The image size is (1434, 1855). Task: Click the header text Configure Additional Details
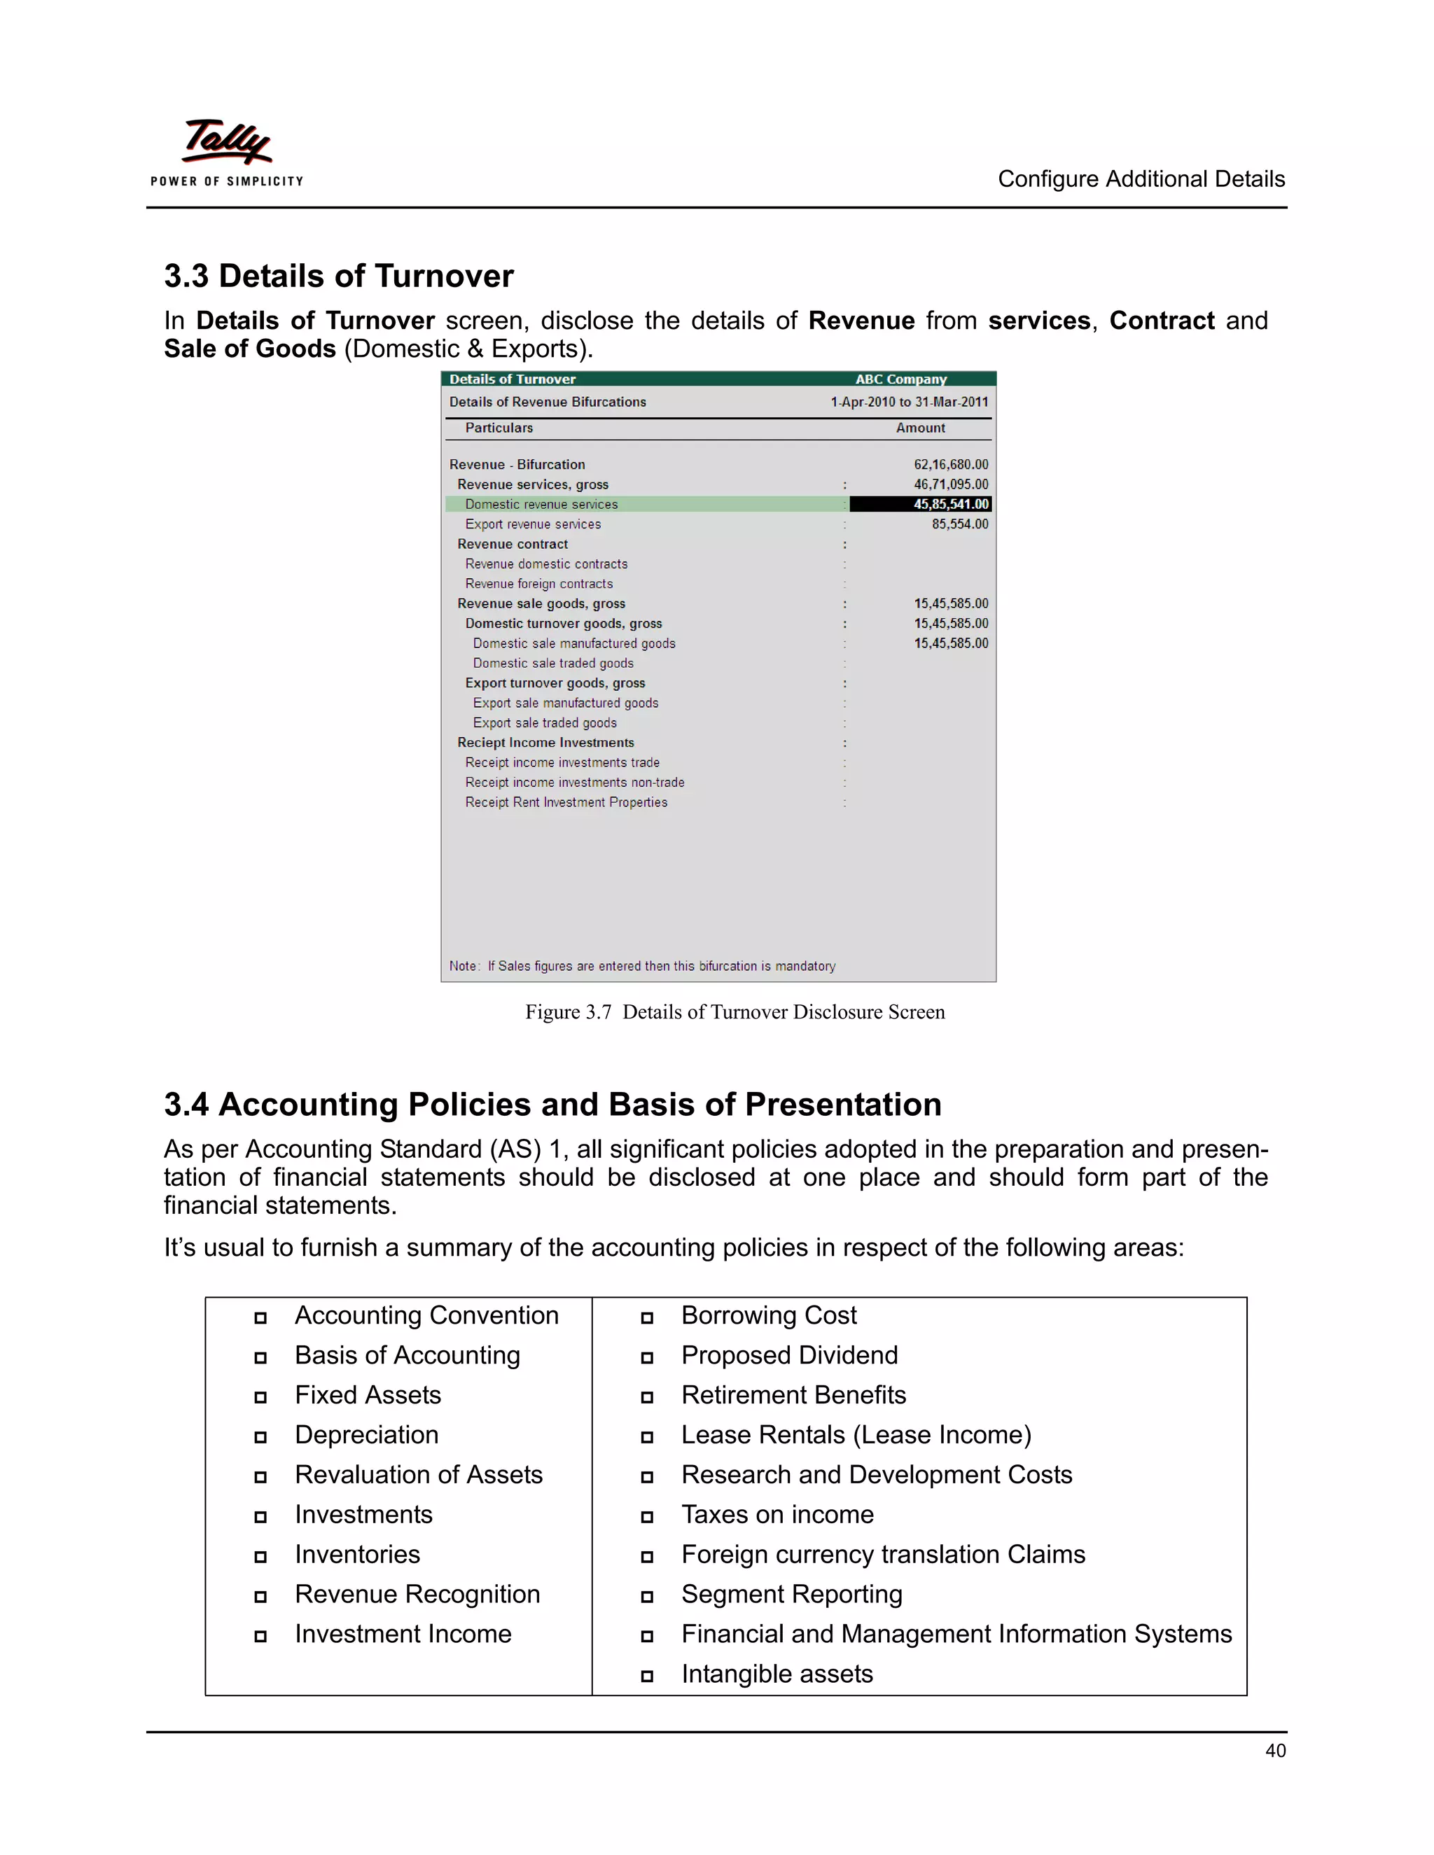[x=1140, y=179]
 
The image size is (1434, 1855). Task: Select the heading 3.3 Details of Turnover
[x=338, y=276]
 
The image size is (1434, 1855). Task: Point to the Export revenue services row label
[x=533, y=524]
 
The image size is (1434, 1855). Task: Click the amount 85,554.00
[x=959, y=524]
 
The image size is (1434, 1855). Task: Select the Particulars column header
[x=499, y=428]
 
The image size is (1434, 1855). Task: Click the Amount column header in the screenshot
[x=920, y=428]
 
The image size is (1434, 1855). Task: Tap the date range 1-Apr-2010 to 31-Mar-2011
[x=909, y=402]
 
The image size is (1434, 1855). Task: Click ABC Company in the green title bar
[x=900, y=379]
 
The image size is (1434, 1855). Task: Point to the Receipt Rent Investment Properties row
[x=566, y=803]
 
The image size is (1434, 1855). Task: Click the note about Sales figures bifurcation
[x=642, y=966]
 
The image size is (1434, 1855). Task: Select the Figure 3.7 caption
[x=734, y=1011]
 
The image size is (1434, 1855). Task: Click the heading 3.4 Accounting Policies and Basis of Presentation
[x=552, y=1104]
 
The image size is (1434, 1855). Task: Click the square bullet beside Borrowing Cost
[x=646, y=1318]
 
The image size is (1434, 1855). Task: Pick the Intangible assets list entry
[x=777, y=1674]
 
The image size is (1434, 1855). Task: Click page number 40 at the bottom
[x=1274, y=1751]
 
